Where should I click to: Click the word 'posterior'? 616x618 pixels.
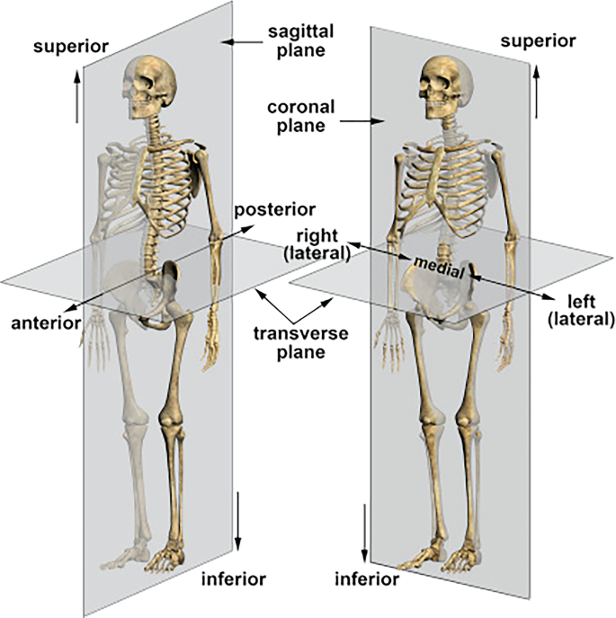pyautogui.click(x=275, y=210)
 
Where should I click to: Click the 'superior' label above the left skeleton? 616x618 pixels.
pyautogui.click(x=71, y=44)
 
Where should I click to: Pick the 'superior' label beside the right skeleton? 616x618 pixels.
pyautogui.click(x=536, y=41)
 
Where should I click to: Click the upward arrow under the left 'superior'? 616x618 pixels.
pyautogui.click(x=77, y=94)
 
